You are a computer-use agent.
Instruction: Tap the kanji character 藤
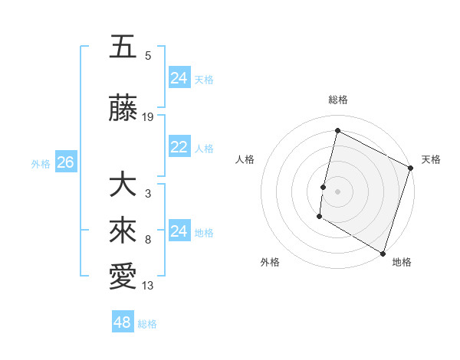click(123, 109)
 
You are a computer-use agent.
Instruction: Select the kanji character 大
click(123, 185)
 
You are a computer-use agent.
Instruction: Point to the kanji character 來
click(123, 231)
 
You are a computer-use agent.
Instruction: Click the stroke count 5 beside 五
click(148, 55)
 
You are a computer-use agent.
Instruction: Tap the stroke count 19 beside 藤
click(148, 117)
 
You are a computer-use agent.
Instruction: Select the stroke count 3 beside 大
click(148, 194)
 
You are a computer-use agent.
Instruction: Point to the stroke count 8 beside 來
click(148, 240)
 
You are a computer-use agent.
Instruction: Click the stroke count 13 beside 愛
click(148, 286)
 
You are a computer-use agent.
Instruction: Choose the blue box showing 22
click(179, 148)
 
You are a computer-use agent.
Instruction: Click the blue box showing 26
click(65, 162)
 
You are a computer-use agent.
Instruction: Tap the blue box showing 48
click(122, 322)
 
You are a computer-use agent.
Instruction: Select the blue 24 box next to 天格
click(179, 78)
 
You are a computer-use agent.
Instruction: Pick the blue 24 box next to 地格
click(179, 231)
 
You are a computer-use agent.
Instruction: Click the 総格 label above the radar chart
click(338, 100)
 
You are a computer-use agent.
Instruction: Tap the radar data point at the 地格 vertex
click(383, 253)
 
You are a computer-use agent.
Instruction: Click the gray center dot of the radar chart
click(337, 191)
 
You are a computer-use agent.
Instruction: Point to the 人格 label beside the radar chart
click(245, 159)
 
